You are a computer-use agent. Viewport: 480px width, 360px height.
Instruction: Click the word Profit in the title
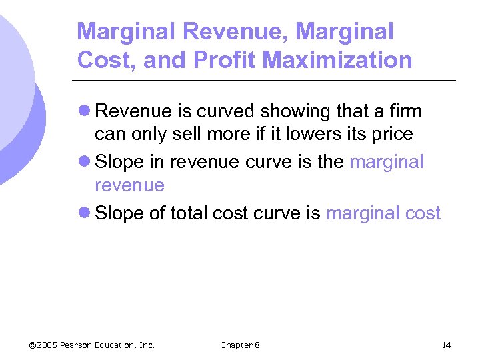[224, 60]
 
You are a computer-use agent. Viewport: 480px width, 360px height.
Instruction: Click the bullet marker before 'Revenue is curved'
[85, 110]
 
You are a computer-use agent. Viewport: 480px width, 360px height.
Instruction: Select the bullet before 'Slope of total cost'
[85, 213]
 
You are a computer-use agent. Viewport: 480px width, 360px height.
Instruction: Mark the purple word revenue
[129, 185]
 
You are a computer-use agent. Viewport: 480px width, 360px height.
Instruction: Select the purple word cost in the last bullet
[421, 213]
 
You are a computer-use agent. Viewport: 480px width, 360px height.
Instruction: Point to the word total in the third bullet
[189, 213]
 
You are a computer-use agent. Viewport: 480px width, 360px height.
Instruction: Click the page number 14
[446, 345]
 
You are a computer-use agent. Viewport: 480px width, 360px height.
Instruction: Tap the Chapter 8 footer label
[240, 345]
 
